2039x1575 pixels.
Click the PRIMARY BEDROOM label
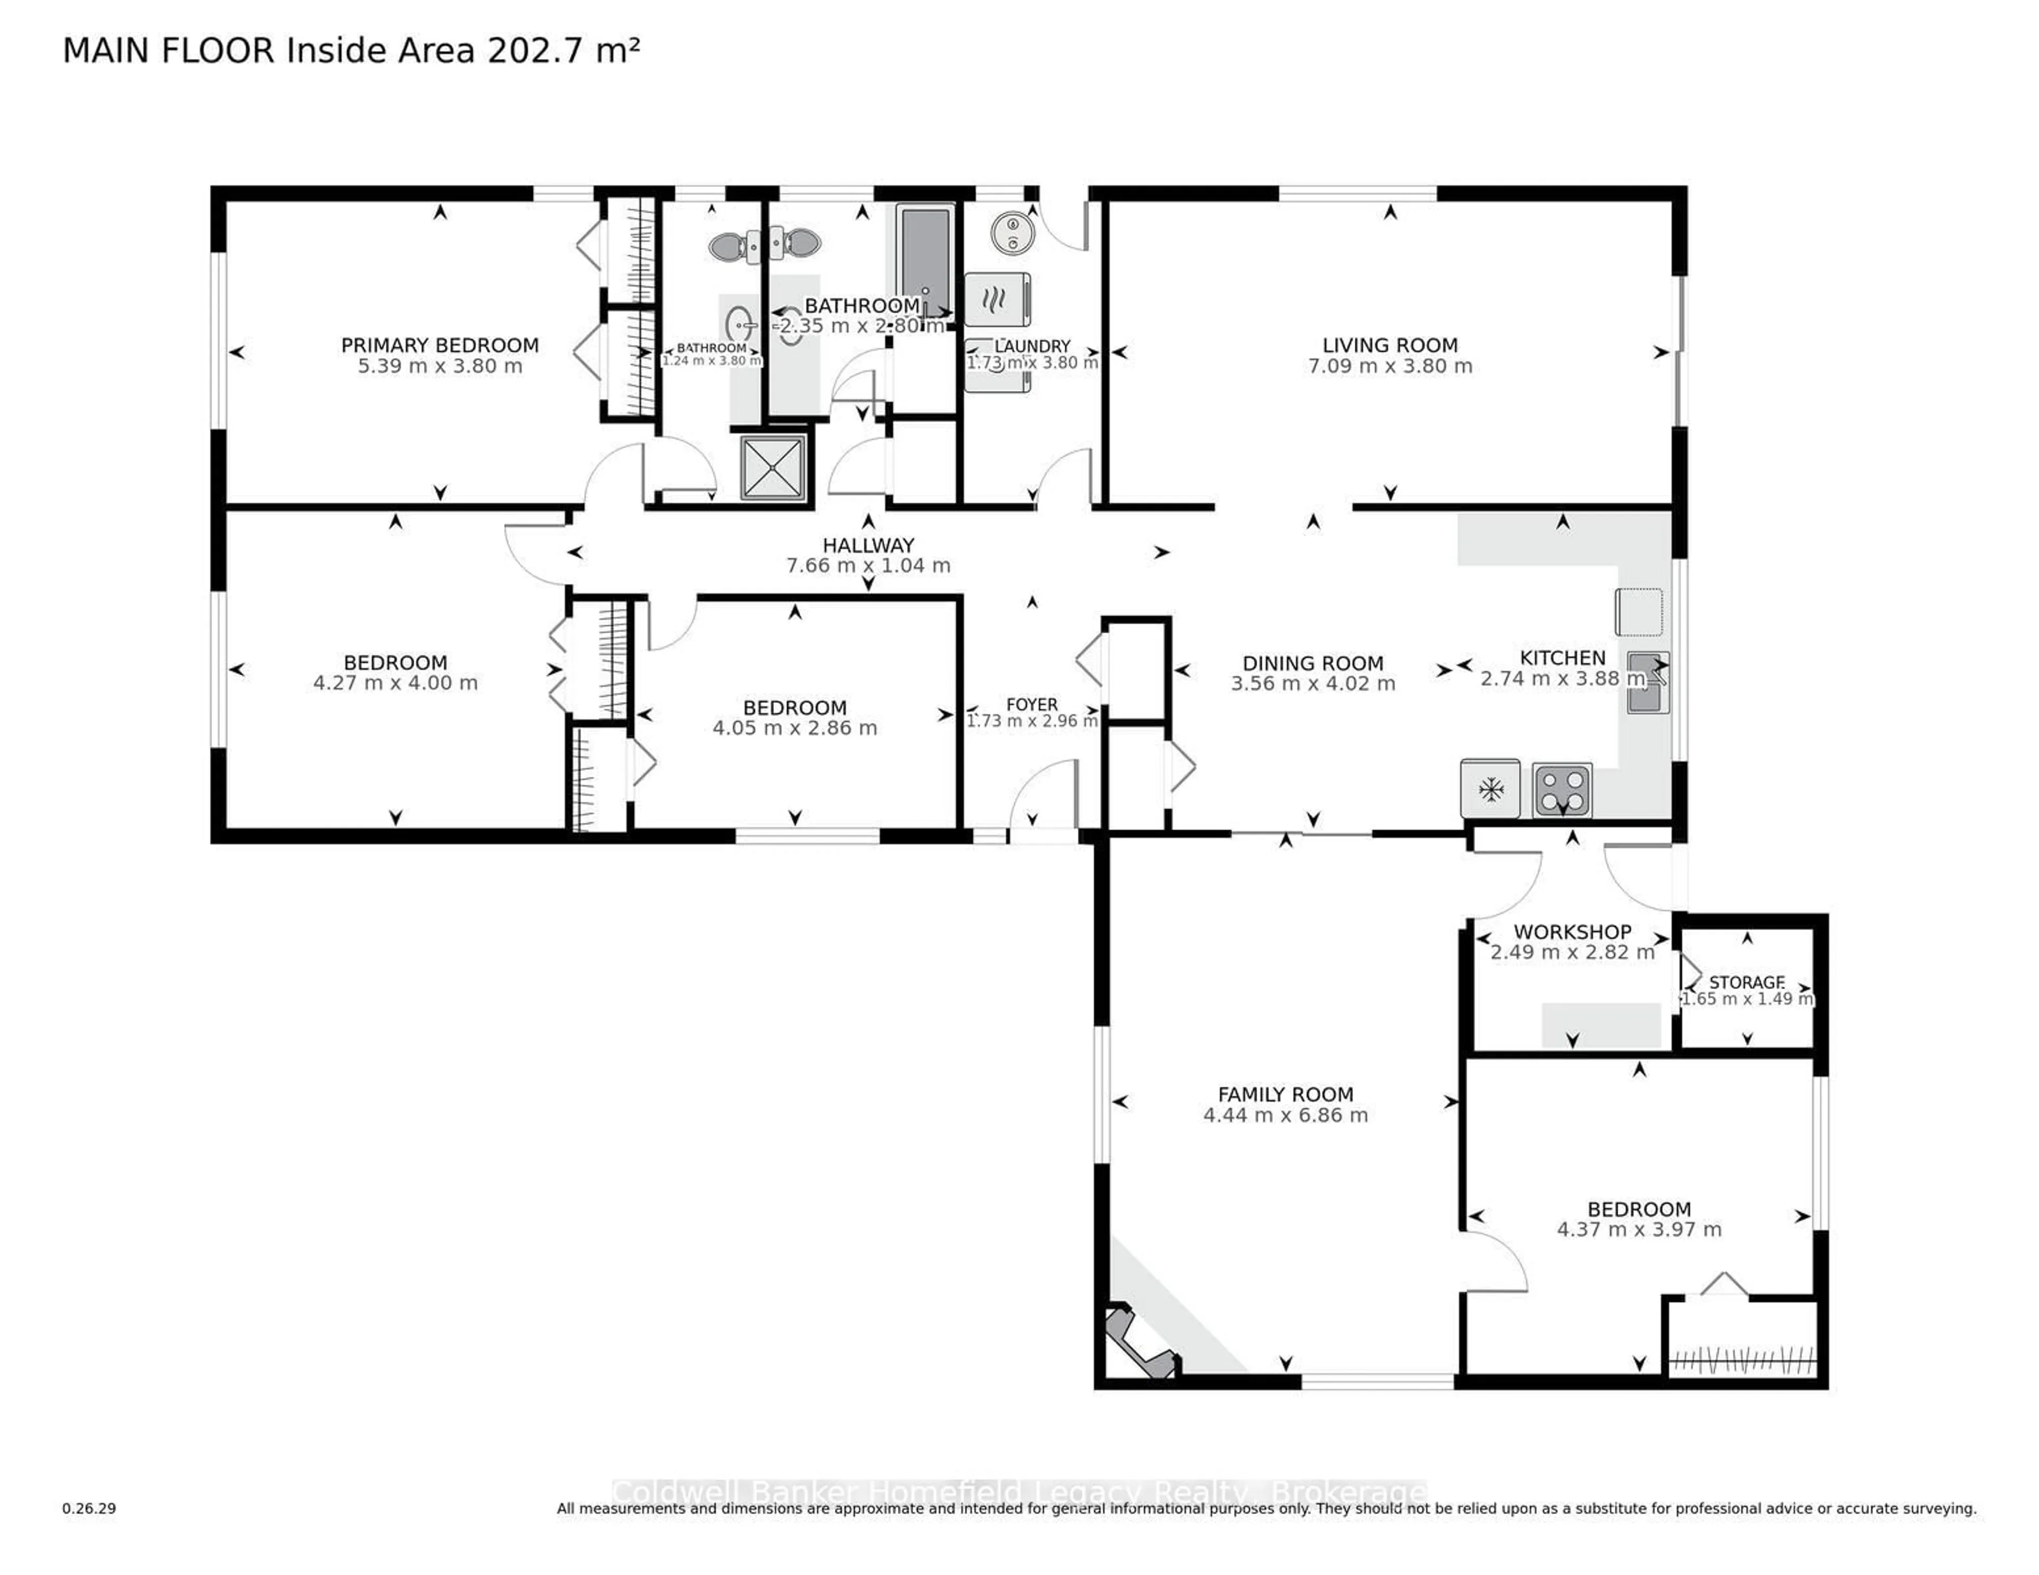pos(440,346)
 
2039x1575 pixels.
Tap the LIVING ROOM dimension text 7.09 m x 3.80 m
pos(1390,366)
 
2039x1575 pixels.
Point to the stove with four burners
pos(1562,790)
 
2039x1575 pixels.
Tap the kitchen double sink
pos(1648,683)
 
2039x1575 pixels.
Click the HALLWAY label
pos(868,545)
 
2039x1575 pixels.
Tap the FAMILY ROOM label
pos(1286,1094)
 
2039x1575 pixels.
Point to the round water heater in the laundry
pos(1012,231)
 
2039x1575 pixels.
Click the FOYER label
pos(1032,704)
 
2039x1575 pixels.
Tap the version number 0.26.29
pos(90,1508)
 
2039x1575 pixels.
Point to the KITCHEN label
pos(1562,657)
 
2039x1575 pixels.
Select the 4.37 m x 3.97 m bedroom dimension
pos(1639,1229)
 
